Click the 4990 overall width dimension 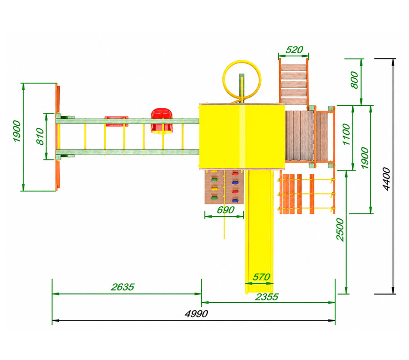click(x=196, y=313)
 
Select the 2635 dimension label click(x=122, y=287)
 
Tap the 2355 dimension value click(x=266, y=297)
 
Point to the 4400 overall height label click(x=387, y=179)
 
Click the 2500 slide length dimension click(x=340, y=230)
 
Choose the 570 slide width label click(x=261, y=277)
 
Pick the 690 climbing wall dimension click(x=225, y=210)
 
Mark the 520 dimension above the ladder click(x=294, y=50)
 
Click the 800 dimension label click(x=354, y=80)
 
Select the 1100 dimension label click(x=346, y=134)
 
